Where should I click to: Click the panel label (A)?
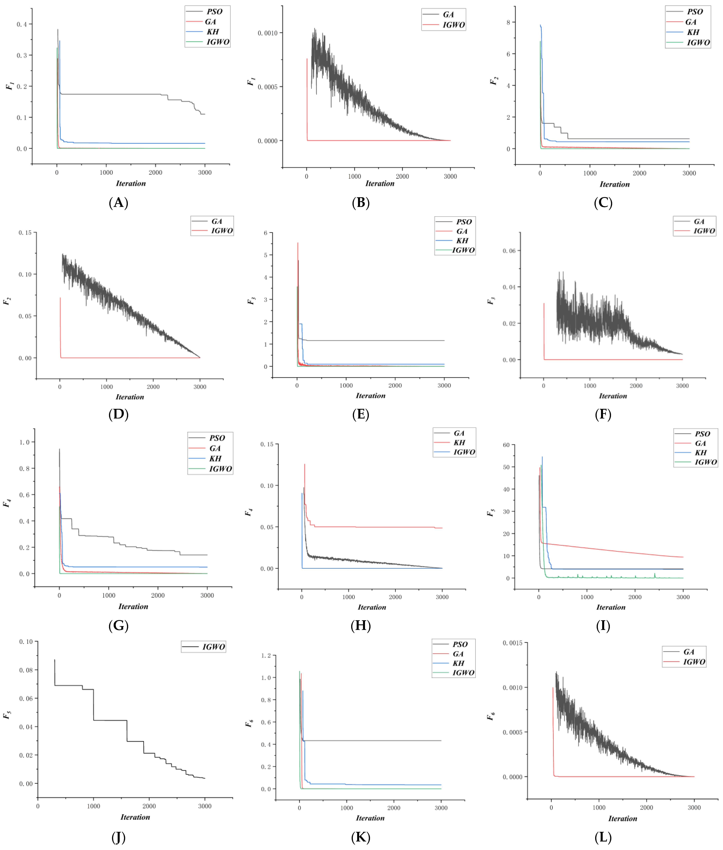118,203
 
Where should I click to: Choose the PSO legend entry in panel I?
702,434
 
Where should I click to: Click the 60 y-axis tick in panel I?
506,445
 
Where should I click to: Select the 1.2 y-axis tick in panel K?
266,656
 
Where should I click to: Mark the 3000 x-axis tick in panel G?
207,595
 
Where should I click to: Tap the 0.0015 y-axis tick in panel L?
512,643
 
